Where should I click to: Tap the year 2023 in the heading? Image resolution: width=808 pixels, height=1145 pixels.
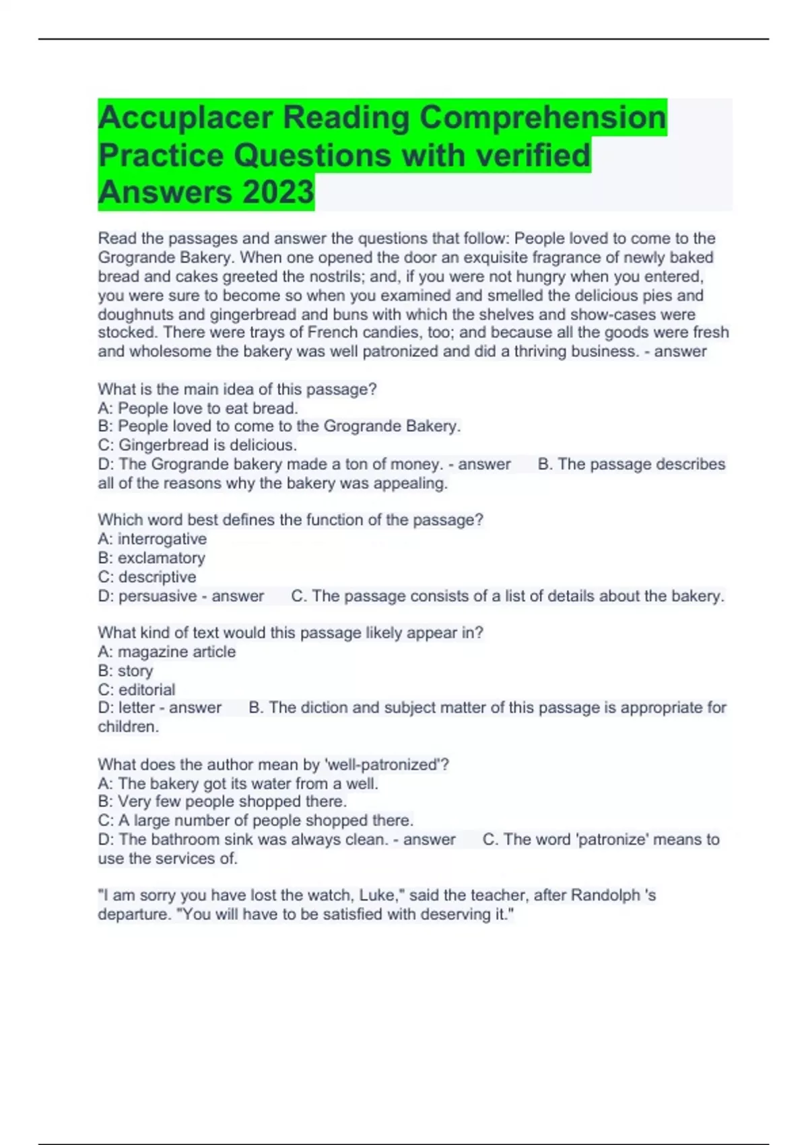(x=278, y=192)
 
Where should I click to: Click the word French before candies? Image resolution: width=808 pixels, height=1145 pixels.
(x=333, y=333)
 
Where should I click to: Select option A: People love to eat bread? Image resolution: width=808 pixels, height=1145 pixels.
(x=198, y=408)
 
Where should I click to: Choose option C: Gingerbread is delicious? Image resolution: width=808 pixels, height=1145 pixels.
(x=197, y=445)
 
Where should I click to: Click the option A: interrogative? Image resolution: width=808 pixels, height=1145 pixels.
(x=152, y=539)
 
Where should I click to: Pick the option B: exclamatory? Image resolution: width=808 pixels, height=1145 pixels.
(x=151, y=558)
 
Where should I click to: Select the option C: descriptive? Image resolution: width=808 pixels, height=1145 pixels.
(x=147, y=577)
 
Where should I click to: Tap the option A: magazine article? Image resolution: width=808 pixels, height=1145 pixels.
(x=166, y=652)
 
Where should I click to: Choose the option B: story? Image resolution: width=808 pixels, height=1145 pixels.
(x=125, y=671)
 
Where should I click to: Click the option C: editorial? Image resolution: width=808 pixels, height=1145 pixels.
(x=136, y=690)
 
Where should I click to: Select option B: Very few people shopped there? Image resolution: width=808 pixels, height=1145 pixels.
(x=222, y=802)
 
